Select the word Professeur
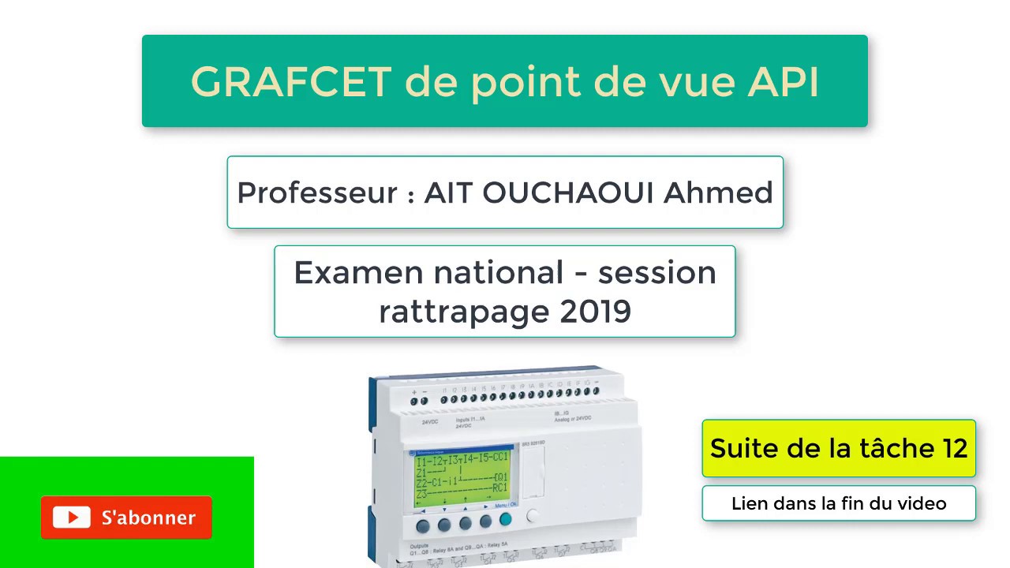click(317, 192)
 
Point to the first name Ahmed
click(718, 192)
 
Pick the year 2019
click(596, 312)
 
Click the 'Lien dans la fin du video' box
click(839, 503)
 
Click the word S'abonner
click(148, 518)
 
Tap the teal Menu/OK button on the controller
click(505, 520)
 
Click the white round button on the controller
click(533, 517)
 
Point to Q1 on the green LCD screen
click(500, 477)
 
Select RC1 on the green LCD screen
click(499, 488)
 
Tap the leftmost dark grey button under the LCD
click(423, 525)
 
